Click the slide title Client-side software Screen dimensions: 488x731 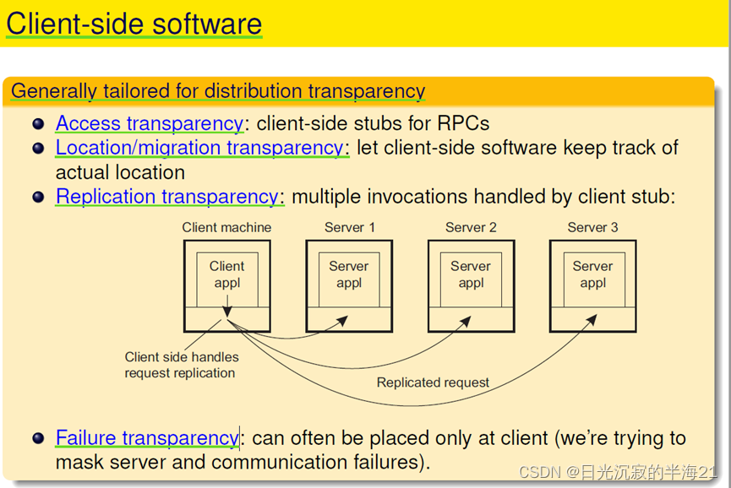point(134,24)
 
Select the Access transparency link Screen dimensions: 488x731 point(149,123)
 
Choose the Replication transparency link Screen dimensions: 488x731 point(166,197)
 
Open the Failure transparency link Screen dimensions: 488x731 point(147,438)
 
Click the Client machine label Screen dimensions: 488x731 point(226,227)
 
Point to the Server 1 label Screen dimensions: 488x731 point(349,227)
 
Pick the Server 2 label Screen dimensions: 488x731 point(471,227)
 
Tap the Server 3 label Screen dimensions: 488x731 point(592,227)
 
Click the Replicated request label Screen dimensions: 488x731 point(433,382)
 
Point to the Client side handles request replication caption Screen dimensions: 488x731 point(181,365)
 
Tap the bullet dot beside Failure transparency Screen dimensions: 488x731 point(38,439)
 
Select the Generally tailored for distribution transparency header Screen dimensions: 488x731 point(217,91)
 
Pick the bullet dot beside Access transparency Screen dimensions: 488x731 point(38,124)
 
